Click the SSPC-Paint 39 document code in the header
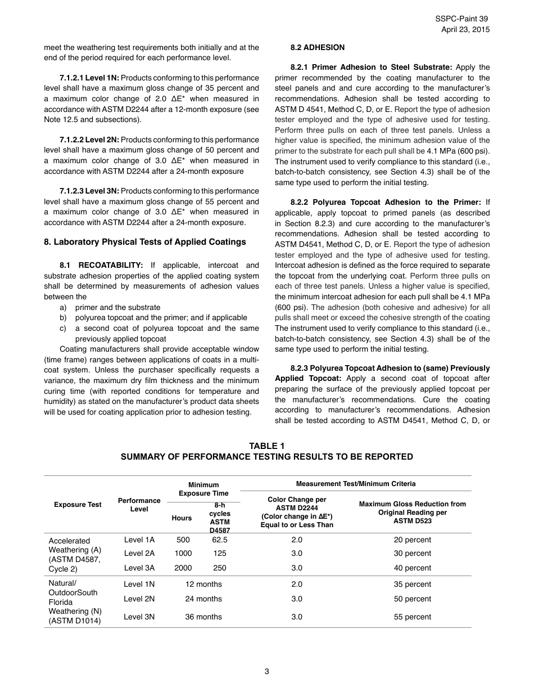pos(462,19)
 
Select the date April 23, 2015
pos(465,29)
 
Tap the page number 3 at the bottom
pos(267,671)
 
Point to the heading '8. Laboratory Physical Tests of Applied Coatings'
pos(145,242)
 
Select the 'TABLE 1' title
pos(267,446)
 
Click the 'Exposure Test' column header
pos(78,505)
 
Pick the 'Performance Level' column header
pos(139,505)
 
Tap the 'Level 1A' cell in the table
pos(139,540)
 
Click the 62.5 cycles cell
pos(219,540)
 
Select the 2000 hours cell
pos(183,568)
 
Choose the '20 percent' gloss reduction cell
pos(413,540)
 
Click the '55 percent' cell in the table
pos(413,617)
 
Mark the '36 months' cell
pos(203,617)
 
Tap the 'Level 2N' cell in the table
pos(139,599)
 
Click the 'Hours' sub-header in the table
pos(182,518)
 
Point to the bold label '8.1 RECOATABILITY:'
pos(101,265)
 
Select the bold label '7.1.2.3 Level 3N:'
pos(89,191)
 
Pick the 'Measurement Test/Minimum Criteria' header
pos(356,484)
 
